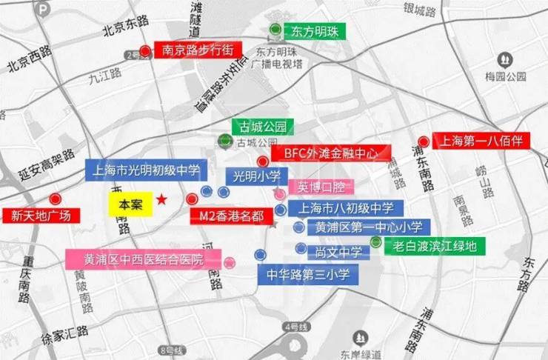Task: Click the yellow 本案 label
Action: pos(130,205)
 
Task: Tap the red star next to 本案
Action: pos(162,200)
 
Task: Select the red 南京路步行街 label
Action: pos(197,50)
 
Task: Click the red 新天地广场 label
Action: pos(41,216)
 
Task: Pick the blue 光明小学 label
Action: pos(257,176)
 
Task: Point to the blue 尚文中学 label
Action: pos(338,252)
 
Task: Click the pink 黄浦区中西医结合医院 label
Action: pos(143,259)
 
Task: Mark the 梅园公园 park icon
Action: pos(505,59)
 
